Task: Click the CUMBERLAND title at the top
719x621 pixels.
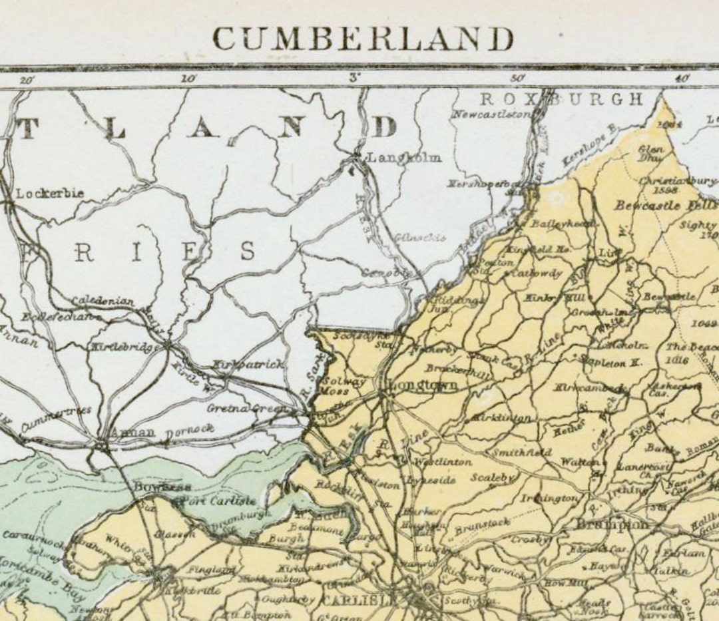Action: [x=363, y=38]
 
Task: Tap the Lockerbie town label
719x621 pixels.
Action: [x=50, y=194]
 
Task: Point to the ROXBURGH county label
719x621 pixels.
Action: [x=562, y=100]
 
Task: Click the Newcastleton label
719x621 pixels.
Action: [x=492, y=114]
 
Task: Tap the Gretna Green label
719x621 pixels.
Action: [x=246, y=408]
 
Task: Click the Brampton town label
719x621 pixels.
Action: [x=611, y=524]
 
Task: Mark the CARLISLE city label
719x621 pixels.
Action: [x=360, y=599]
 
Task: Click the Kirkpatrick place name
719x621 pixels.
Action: [x=248, y=365]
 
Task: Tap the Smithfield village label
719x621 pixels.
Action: [x=521, y=453]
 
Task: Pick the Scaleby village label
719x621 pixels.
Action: [x=493, y=478]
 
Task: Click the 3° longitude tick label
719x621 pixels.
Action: [x=354, y=78]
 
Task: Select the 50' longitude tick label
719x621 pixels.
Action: [x=518, y=78]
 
